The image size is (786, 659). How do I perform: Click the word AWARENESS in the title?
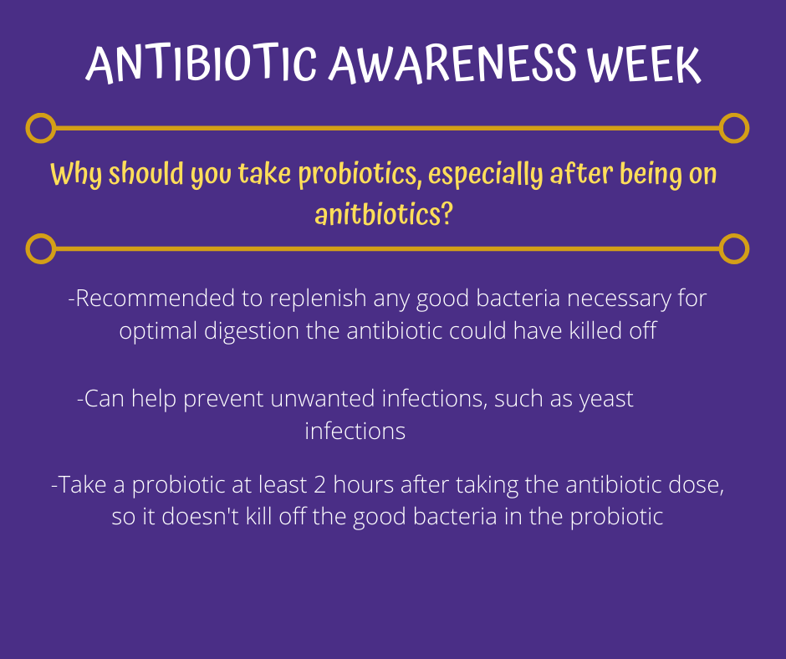point(453,64)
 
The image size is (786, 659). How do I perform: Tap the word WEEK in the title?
point(644,64)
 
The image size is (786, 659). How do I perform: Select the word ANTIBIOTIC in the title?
point(202,64)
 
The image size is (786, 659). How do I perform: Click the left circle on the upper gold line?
point(41,128)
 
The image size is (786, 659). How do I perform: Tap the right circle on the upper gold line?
point(734,128)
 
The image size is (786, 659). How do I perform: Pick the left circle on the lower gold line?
point(41,248)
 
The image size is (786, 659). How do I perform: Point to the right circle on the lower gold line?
point(734,248)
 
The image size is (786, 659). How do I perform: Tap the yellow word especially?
point(485,175)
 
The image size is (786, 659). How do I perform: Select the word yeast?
point(606,400)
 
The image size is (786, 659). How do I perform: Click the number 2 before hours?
point(319,485)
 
